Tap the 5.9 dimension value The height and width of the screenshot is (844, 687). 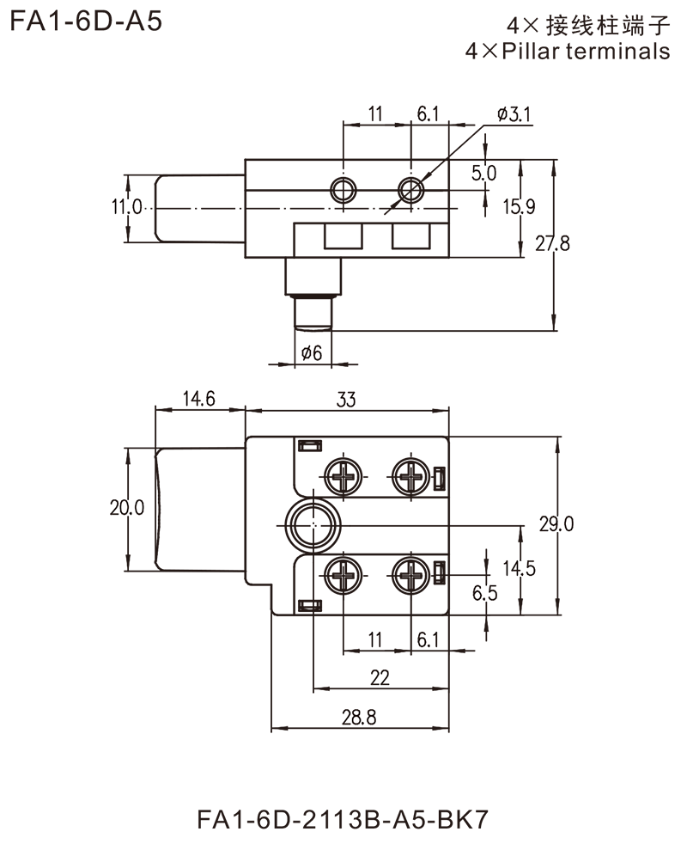[521, 206]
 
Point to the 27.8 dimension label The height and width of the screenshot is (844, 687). [550, 246]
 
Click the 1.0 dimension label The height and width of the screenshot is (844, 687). [132, 207]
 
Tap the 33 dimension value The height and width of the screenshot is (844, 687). [343, 401]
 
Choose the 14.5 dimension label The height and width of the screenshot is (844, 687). [523, 568]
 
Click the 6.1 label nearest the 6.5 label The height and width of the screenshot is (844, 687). [429, 639]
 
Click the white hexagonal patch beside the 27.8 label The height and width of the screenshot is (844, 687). [599, 244]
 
